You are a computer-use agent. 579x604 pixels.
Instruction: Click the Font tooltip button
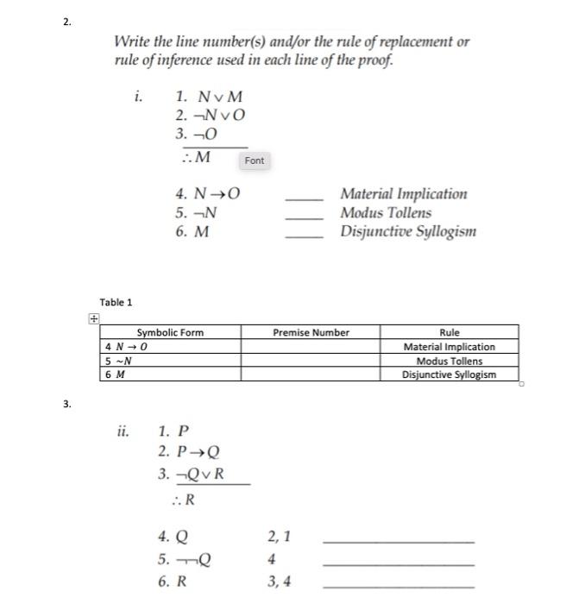[x=255, y=160]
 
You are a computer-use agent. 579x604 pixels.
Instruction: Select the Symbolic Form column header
[x=170, y=332]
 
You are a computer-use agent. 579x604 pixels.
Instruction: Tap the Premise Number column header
[x=311, y=332]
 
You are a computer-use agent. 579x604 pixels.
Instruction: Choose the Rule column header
[x=449, y=332]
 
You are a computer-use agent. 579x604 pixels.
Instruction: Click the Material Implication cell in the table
[x=449, y=347]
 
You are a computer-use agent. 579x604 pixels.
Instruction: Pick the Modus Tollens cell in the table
[x=449, y=361]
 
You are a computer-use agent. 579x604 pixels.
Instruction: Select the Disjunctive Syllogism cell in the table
[x=449, y=374]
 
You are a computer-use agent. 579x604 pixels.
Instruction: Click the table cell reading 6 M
[x=113, y=374]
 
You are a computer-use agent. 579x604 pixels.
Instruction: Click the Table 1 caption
[x=116, y=302]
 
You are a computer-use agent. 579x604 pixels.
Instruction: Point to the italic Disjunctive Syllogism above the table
[x=407, y=231]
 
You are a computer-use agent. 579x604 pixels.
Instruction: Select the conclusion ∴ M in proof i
[x=197, y=156]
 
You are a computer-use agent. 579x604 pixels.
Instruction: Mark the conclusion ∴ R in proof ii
[x=182, y=500]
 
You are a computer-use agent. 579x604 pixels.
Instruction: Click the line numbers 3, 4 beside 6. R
[x=280, y=582]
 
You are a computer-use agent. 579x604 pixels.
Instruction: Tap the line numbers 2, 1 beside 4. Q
[x=280, y=537]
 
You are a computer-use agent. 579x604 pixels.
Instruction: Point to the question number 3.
[x=67, y=404]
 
